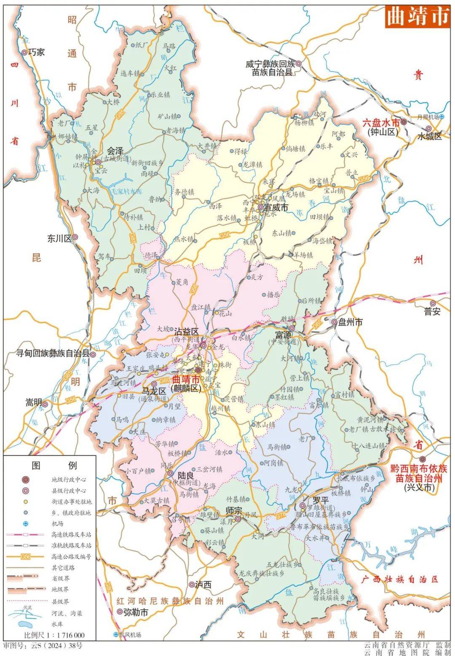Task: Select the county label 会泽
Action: click(115, 150)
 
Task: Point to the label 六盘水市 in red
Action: click(380, 123)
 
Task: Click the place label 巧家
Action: click(36, 53)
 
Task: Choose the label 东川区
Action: click(59, 238)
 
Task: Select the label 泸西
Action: click(203, 584)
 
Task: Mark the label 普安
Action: click(432, 312)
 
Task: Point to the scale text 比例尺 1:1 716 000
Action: click(54, 635)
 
